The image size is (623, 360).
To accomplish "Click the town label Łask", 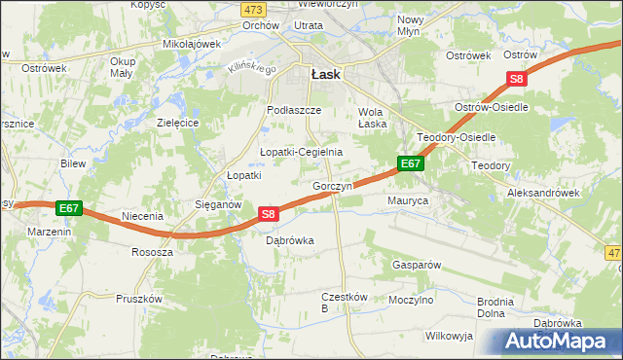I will pos(324,73).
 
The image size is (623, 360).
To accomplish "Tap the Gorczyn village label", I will pos(332,186).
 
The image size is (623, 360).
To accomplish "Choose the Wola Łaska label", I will pos(373,118).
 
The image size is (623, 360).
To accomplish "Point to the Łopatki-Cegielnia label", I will pos(301,152).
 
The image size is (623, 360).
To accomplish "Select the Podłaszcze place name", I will pos(294,111).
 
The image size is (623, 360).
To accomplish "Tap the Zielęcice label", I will pos(178,124).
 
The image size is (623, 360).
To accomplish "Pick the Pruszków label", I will pos(137,299).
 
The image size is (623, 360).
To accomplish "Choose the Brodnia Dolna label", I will pos(495,307).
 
